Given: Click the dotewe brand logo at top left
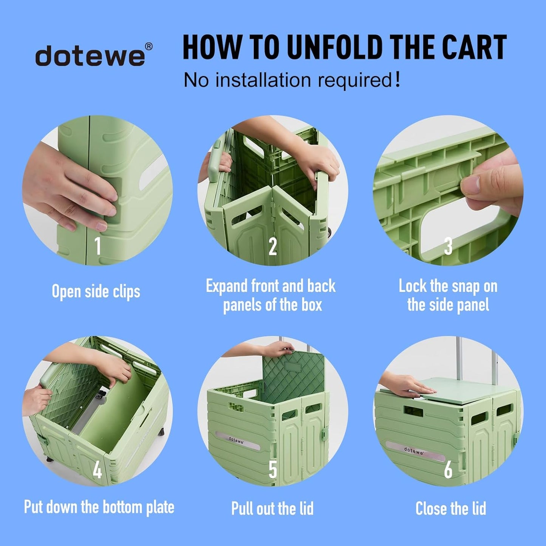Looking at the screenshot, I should click(x=90, y=56).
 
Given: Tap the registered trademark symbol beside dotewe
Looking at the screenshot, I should click(x=148, y=46).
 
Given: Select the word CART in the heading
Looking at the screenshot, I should click(x=474, y=48).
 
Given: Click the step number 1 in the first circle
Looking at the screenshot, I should click(x=97, y=246).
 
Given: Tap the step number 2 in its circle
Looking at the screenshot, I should click(x=272, y=247).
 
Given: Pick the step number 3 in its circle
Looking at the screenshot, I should click(x=448, y=246).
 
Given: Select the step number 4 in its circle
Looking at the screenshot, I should click(x=97, y=470).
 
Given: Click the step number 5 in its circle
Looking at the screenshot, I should click(x=272, y=470).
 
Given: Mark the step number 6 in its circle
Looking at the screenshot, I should click(x=448, y=470).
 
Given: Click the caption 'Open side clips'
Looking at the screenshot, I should click(x=96, y=292).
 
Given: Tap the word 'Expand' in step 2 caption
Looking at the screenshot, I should click(x=227, y=286).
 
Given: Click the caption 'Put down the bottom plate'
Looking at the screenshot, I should click(x=99, y=507).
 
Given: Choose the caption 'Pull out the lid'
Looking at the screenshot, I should click(x=272, y=508).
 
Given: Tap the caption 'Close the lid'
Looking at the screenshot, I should click(x=451, y=508).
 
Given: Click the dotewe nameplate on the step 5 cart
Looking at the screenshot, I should click(x=237, y=440).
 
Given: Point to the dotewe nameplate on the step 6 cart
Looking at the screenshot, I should click(x=414, y=451).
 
